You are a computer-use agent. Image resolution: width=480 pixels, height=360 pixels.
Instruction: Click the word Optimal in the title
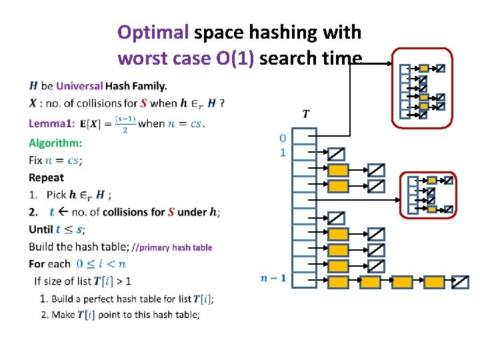click(153, 33)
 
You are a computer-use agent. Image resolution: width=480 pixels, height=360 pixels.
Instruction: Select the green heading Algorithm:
click(55, 143)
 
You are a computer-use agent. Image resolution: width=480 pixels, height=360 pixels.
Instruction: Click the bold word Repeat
click(47, 177)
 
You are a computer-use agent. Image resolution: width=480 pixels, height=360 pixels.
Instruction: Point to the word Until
click(41, 229)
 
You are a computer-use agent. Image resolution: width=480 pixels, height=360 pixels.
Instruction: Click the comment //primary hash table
click(172, 247)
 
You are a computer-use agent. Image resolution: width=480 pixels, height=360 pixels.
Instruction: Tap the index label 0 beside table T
click(283, 138)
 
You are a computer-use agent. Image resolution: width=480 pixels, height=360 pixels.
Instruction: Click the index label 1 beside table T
click(283, 153)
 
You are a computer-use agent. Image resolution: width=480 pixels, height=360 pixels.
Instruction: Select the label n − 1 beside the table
click(273, 277)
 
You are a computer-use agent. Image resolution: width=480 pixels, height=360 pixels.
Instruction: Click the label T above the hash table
click(305, 113)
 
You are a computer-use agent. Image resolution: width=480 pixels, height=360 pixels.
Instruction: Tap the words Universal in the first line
click(79, 85)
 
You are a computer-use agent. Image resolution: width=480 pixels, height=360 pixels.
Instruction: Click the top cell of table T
click(305, 137)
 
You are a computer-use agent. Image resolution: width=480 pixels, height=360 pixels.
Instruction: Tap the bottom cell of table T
click(305, 281)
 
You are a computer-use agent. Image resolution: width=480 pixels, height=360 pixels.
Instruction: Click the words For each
click(49, 264)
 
